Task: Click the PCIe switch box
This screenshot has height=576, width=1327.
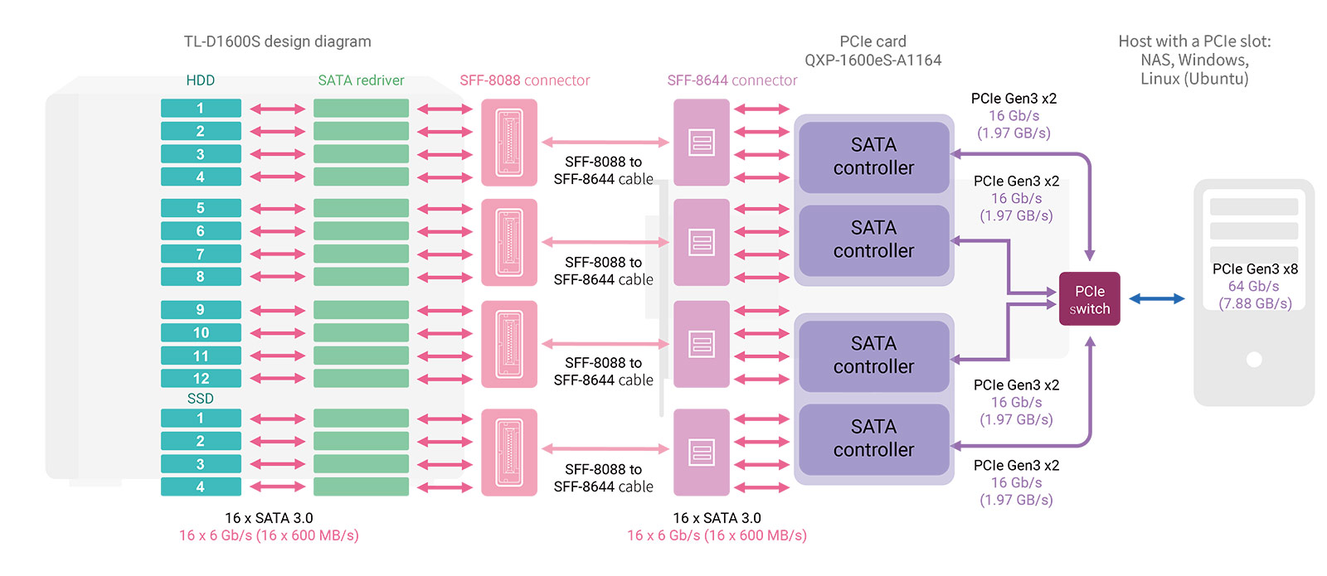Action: pos(1089,299)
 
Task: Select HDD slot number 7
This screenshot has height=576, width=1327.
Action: pos(201,254)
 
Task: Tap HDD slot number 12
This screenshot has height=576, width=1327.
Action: pos(201,379)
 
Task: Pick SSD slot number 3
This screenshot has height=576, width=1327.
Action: pos(201,464)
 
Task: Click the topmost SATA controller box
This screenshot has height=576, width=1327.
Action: pos(873,157)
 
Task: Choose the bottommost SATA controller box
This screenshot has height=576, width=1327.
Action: pos(873,438)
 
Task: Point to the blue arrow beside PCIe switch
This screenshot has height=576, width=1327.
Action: pos(1157,299)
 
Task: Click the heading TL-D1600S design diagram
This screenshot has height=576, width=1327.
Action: pos(277,41)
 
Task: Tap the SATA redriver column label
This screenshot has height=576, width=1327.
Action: pos(361,80)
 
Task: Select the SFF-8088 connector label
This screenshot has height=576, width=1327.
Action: pos(524,80)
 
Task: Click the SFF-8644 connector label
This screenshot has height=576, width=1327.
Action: pos(732,80)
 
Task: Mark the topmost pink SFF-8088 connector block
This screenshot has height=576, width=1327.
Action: pos(509,143)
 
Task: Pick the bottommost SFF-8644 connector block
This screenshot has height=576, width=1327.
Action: pos(702,453)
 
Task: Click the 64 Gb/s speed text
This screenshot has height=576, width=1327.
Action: pos(1253,286)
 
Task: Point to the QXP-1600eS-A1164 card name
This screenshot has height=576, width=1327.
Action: pos(873,60)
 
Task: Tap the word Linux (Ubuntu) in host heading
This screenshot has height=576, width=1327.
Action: pos(1193,79)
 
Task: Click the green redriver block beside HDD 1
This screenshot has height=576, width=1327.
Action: pos(361,109)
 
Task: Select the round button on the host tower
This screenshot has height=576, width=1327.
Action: pos(1254,360)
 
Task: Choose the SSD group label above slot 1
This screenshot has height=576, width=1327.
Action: pos(201,399)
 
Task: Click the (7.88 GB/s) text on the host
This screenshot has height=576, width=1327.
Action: pos(1255,303)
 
